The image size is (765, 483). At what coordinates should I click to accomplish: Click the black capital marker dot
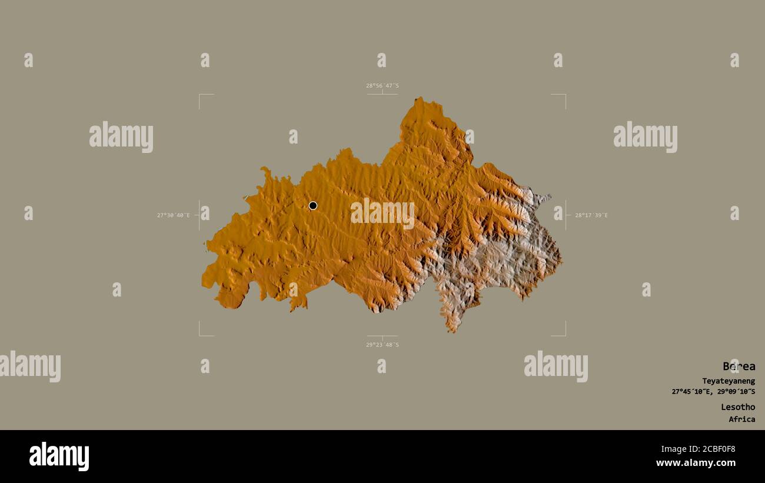(313, 205)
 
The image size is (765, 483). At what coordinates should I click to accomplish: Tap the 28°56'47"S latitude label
(382, 86)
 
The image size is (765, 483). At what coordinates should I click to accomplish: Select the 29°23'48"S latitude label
(382, 345)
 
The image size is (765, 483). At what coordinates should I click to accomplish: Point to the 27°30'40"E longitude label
(174, 215)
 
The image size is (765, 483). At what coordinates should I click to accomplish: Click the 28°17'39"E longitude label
(591, 215)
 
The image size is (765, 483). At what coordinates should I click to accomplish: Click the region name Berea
(739, 367)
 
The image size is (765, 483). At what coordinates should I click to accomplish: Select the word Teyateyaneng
(728, 381)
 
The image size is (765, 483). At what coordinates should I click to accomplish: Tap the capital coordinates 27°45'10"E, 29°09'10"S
(713, 392)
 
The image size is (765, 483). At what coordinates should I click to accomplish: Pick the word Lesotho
(738, 407)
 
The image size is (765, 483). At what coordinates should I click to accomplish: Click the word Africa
(741, 419)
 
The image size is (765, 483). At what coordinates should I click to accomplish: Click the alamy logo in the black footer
(59, 457)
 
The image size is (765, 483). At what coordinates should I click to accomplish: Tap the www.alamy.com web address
(696, 463)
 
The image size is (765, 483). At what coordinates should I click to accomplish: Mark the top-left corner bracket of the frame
(200, 95)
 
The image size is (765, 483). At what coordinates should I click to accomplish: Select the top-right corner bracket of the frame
(564, 95)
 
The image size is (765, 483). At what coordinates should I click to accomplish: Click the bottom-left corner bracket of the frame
(200, 335)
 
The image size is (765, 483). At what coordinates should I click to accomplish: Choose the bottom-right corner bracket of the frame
(564, 335)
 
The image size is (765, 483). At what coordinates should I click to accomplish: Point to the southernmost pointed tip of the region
(452, 331)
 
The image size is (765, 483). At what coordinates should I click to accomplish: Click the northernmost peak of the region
(420, 99)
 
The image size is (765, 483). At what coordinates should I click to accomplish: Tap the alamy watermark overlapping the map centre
(382, 213)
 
